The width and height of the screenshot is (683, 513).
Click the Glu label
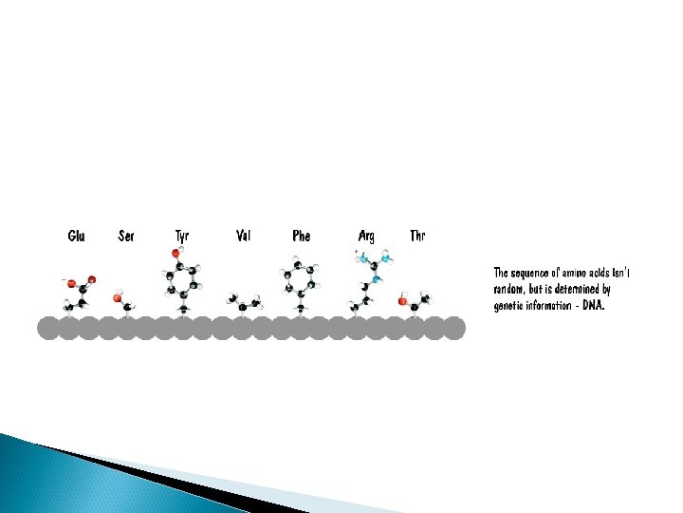click(x=76, y=236)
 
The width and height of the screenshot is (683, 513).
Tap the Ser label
click(x=126, y=236)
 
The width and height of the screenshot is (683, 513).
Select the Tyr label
click(x=182, y=236)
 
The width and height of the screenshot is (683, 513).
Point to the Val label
click(x=243, y=236)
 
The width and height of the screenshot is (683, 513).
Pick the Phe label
click(x=301, y=236)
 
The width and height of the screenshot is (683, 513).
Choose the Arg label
click(x=366, y=236)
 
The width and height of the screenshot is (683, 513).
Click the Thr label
click(x=417, y=236)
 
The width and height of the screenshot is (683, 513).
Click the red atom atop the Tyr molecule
click(x=176, y=253)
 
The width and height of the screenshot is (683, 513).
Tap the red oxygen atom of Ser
click(x=118, y=298)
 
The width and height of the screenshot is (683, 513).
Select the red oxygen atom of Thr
click(x=402, y=301)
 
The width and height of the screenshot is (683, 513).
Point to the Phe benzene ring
click(x=300, y=278)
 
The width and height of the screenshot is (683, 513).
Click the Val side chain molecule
click(x=244, y=303)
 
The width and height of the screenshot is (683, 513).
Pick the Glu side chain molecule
click(x=80, y=292)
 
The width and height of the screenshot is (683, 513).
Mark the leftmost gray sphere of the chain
click(x=48, y=328)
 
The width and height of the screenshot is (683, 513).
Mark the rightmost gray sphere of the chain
click(x=454, y=328)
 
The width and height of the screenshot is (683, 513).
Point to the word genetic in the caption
click(x=509, y=306)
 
